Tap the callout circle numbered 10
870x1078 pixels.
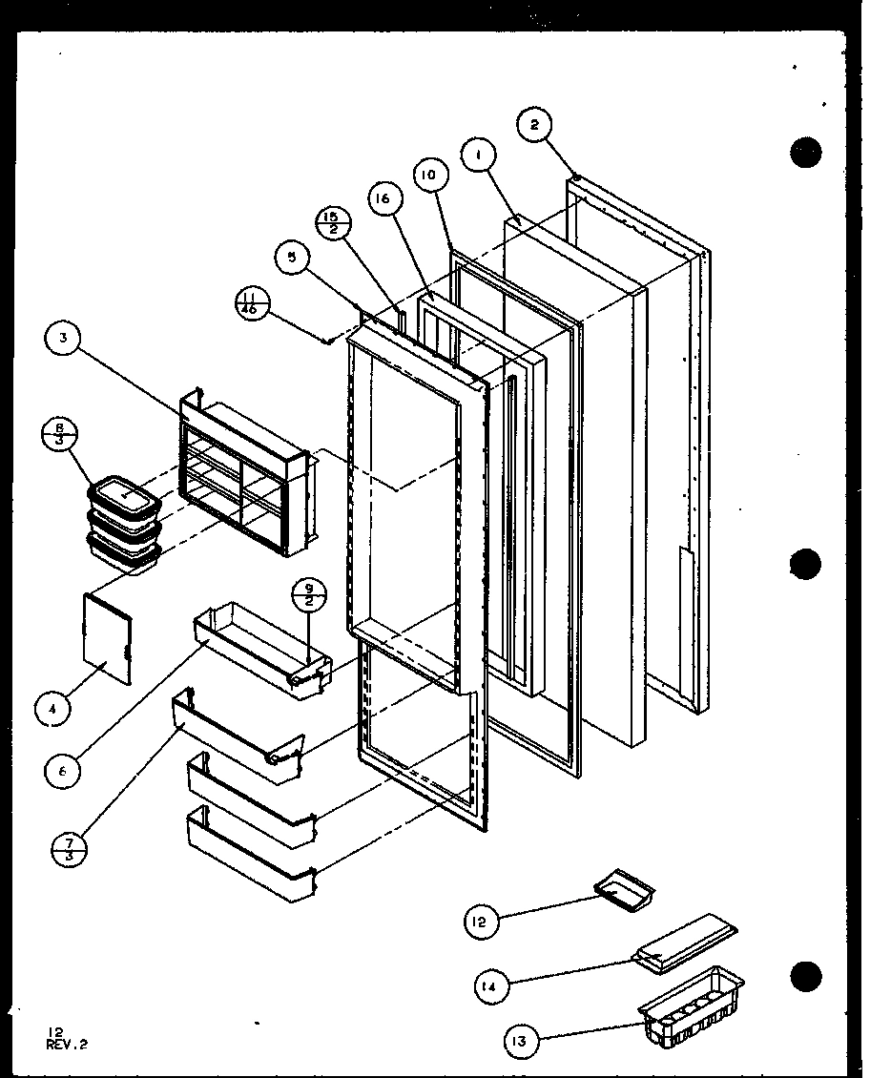pyautogui.click(x=430, y=176)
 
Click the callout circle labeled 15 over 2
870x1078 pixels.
pyautogui.click(x=334, y=225)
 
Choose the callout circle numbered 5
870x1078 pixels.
pyautogui.click(x=289, y=256)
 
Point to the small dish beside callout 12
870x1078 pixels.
pyautogui.click(x=626, y=886)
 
